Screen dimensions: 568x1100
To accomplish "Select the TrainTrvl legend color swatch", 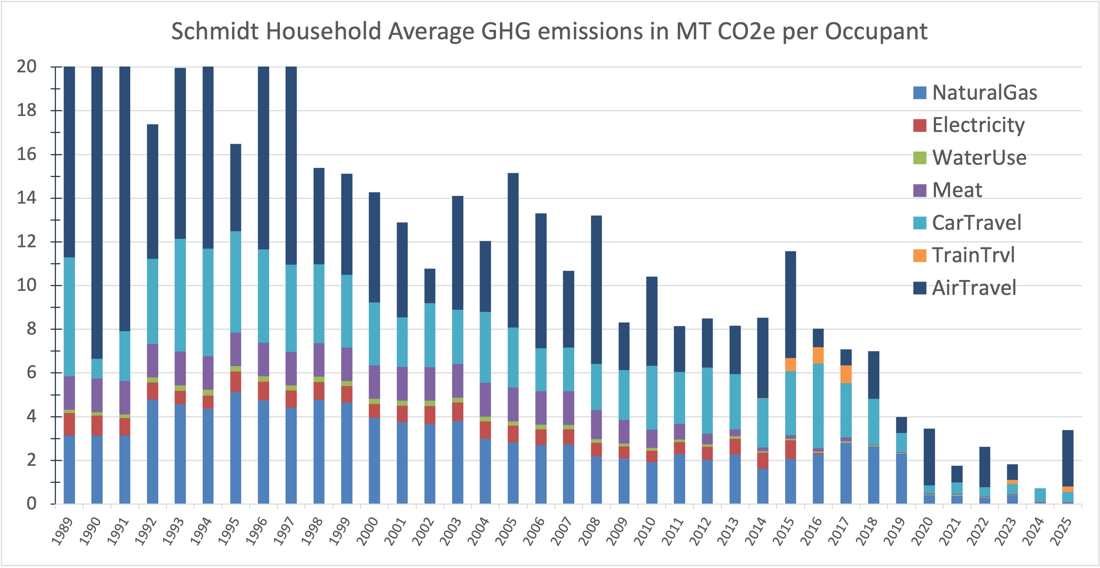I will point(919,255).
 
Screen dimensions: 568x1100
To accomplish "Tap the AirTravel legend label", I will point(973,288).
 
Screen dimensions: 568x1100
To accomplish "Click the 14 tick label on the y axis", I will point(26,198).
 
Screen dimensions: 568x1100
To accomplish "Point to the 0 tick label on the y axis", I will point(31,504).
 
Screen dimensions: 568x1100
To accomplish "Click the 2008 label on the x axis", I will point(590,532).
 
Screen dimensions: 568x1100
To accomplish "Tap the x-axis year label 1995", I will point(229,532).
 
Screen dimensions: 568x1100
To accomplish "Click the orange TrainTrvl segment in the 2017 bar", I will point(846,374).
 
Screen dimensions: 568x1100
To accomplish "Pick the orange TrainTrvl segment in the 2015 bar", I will point(791,364).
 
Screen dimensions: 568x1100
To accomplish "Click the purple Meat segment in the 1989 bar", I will point(69,393).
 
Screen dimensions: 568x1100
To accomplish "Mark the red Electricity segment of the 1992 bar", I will point(152,391).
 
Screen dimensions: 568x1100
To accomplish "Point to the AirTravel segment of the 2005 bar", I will point(513,250).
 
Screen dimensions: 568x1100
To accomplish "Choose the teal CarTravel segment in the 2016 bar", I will point(818,406).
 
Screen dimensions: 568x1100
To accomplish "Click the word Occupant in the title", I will point(876,32).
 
